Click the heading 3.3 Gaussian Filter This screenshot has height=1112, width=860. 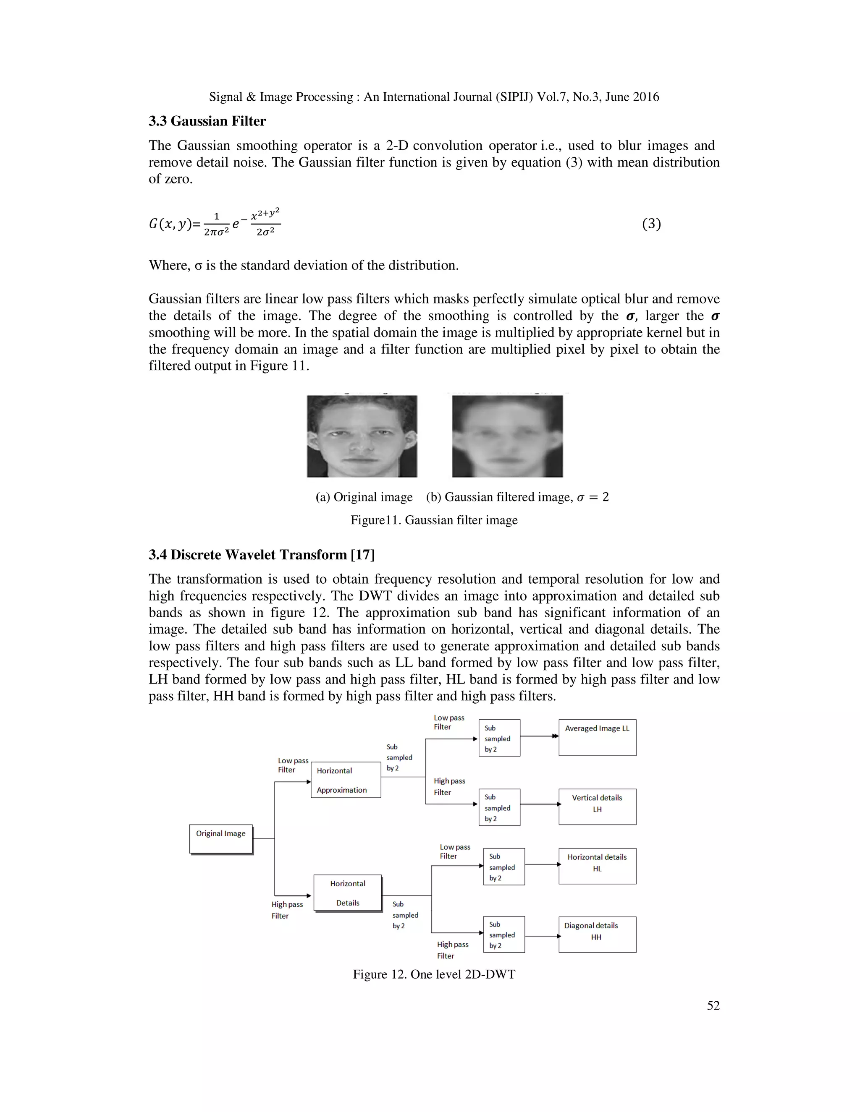pyautogui.click(x=207, y=121)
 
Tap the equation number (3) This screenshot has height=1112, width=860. pyautogui.click(x=651, y=224)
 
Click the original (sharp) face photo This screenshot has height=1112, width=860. pyautogui.click(x=362, y=436)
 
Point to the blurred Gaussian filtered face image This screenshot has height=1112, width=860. pyautogui.click(x=507, y=436)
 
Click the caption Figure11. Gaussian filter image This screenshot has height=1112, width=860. pyautogui.click(x=433, y=520)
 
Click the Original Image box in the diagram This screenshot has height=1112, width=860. pyautogui.click(x=220, y=838)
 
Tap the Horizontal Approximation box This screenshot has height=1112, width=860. pyautogui.click(x=346, y=780)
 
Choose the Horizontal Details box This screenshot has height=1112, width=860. pyautogui.click(x=347, y=893)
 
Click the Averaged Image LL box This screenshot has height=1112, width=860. pyautogui.click(x=597, y=737)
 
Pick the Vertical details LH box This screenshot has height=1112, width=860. pyautogui.click(x=597, y=807)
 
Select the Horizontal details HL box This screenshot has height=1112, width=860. pyautogui.click(x=597, y=866)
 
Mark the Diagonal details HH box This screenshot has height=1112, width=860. pyautogui.click(x=597, y=934)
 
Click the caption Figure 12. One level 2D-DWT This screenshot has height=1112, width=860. pyautogui.click(x=433, y=974)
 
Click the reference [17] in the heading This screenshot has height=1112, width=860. pyautogui.click(x=363, y=554)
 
